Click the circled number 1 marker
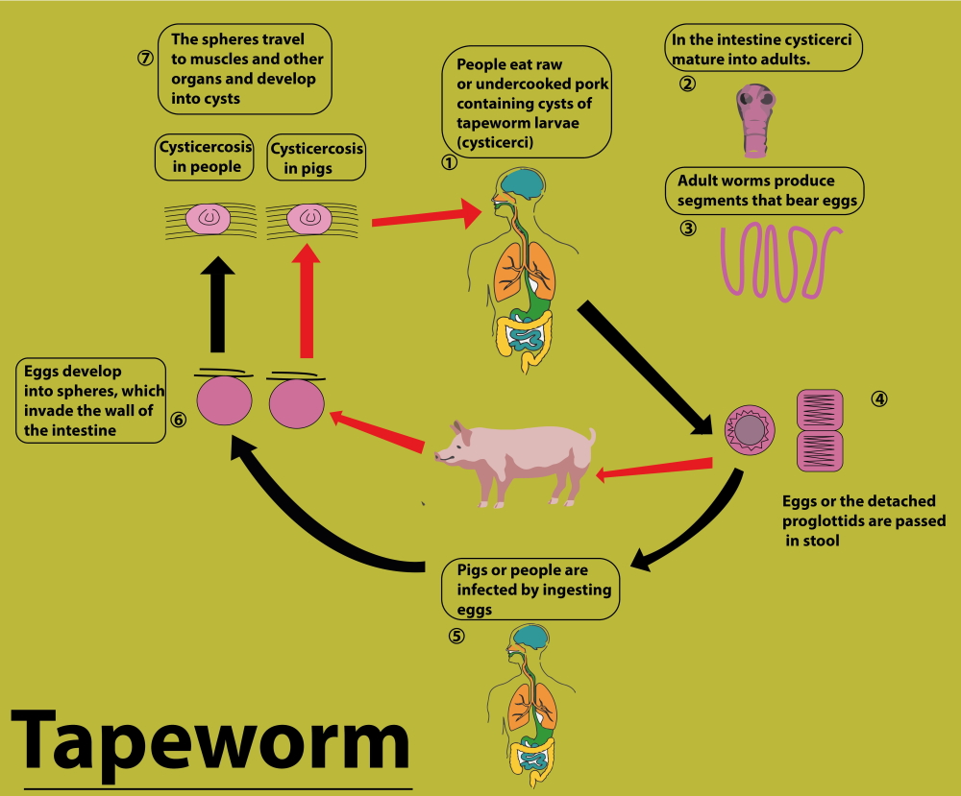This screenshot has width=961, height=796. [448, 162]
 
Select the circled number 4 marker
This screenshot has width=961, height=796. [878, 398]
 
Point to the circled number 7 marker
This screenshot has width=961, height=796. [145, 57]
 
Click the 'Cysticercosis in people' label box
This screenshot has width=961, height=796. [204, 157]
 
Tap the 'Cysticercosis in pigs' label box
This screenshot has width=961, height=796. [316, 157]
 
